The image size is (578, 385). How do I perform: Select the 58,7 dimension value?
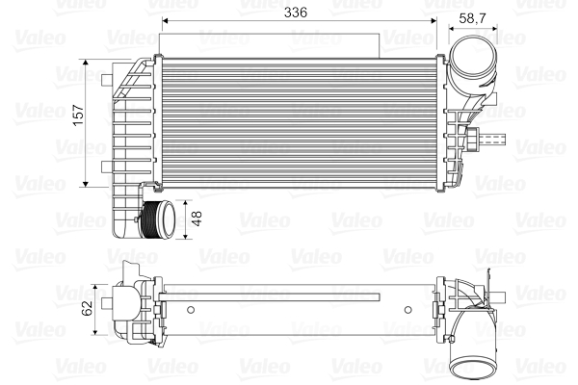tap(472, 18)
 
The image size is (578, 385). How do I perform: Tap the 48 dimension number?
tap(198, 219)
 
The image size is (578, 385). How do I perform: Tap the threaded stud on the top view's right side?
tap(492, 140)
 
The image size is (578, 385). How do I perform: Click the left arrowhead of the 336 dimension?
tap(165, 20)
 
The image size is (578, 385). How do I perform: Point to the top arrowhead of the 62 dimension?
tap(96, 286)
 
